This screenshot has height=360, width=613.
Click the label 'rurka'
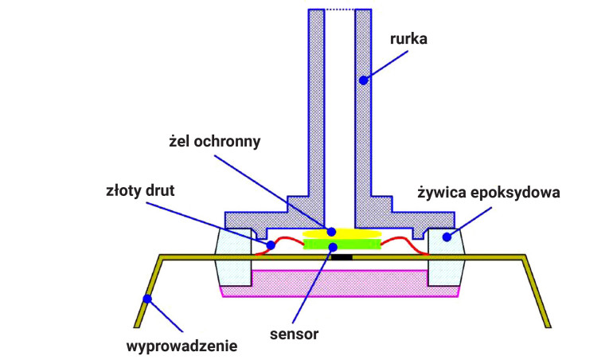[x=409, y=38]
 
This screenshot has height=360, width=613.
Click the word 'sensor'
[x=295, y=334]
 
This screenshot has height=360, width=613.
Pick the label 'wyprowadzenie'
[x=182, y=346]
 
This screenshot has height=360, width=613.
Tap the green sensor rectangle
[x=341, y=245]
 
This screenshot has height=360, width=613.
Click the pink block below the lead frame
[x=341, y=284]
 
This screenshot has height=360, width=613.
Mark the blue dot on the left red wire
[x=271, y=245]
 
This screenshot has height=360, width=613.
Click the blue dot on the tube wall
[x=362, y=80]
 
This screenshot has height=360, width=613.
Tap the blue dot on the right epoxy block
[x=447, y=236]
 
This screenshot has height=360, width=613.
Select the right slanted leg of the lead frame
[x=537, y=291]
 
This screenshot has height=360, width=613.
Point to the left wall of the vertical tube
[x=316, y=104]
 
